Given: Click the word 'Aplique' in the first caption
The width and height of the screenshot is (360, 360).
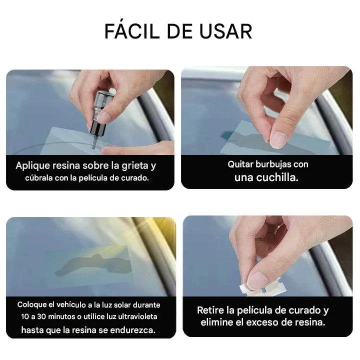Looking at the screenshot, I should pyautogui.click(x=33, y=165).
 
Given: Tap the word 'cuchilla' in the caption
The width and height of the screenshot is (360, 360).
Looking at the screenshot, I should pyautogui.click(x=280, y=177).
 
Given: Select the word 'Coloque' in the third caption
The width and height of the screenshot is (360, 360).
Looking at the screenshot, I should pyautogui.click(x=34, y=304).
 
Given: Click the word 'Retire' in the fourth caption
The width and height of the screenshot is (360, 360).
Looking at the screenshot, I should pyautogui.click(x=211, y=310).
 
